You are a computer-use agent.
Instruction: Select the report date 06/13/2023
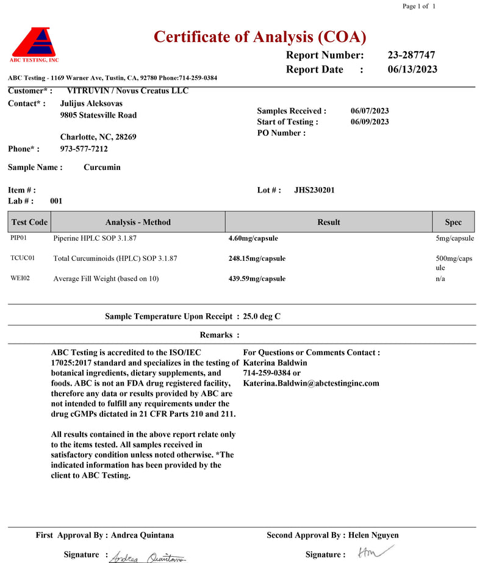pyautogui.click(x=412, y=69)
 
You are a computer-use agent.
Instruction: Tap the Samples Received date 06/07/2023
pyautogui.click(x=370, y=111)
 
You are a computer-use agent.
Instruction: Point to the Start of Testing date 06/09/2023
pyautogui.click(x=370, y=122)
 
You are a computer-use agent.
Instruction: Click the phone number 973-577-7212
pyautogui.click(x=84, y=149)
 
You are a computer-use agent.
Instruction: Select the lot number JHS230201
pyautogui.click(x=314, y=190)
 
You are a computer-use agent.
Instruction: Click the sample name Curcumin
pyautogui.click(x=102, y=168)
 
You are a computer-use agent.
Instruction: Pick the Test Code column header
pyautogui.click(x=29, y=222)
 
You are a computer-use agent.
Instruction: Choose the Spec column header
pyautogui.click(x=453, y=222)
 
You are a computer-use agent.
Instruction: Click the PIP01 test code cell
pyautogui.click(x=19, y=238)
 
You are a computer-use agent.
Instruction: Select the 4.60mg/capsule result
pyautogui.click(x=253, y=239)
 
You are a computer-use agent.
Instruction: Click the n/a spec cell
pyautogui.click(x=440, y=278)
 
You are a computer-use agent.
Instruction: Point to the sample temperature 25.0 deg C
pyautogui.click(x=262, y=316)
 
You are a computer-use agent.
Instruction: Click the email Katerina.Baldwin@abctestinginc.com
pyautogui.click(x=311, y=383)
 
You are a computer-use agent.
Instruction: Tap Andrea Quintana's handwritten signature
pyautogui.click(x=148, y=556)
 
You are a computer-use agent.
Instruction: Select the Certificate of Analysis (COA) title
pyautogui.click(x=260, y=37)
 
